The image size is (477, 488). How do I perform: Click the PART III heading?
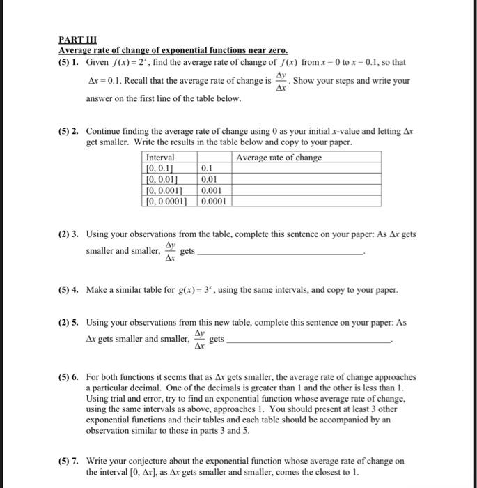[77, 40]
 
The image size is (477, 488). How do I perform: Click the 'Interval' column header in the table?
[160, 158]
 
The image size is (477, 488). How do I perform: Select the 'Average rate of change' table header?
[279, 158]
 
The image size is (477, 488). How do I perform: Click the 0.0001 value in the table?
[215, 201]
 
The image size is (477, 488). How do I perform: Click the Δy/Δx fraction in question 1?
[281, 82]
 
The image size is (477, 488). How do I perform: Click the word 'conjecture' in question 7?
[150, 461]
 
